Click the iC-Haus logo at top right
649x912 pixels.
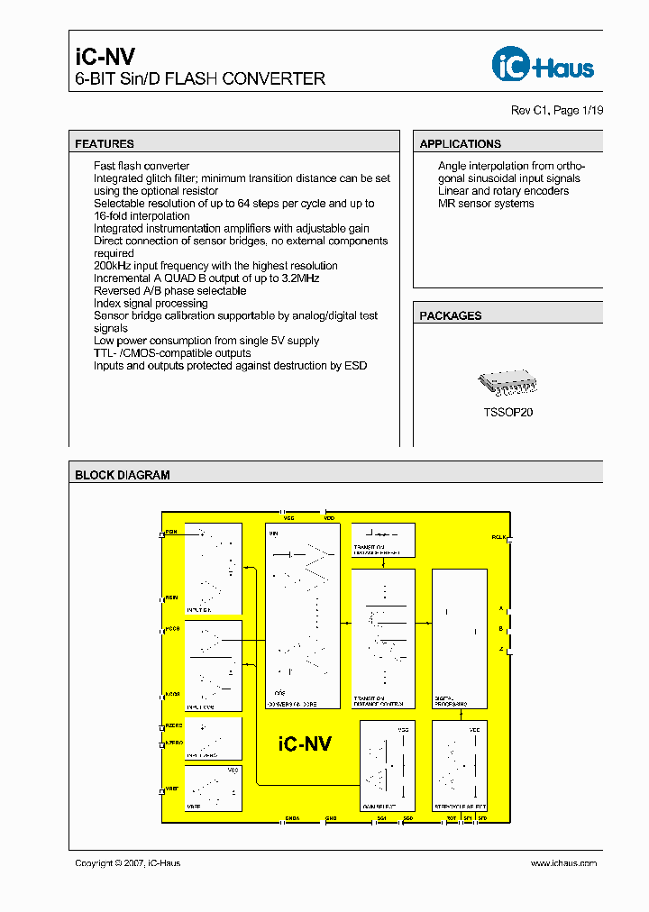point(543,65)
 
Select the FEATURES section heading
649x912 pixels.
point(105,144)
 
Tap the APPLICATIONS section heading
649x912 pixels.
point(460,144)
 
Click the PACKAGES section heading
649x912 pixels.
point(451,316)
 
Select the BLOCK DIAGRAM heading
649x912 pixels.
point(123,475)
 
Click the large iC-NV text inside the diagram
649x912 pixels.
point(305,744)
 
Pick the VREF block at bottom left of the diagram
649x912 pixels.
point(214,789)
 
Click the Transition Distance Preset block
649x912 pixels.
point(383,540)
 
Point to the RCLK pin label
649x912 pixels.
point(498,536)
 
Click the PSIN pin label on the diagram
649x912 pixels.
point(171,533)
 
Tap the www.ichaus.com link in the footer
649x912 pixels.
point(563,863)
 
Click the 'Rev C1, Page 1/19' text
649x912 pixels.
point(557,110)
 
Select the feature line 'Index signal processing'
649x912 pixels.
point(151,304)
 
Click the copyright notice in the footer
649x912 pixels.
point(128,863)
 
